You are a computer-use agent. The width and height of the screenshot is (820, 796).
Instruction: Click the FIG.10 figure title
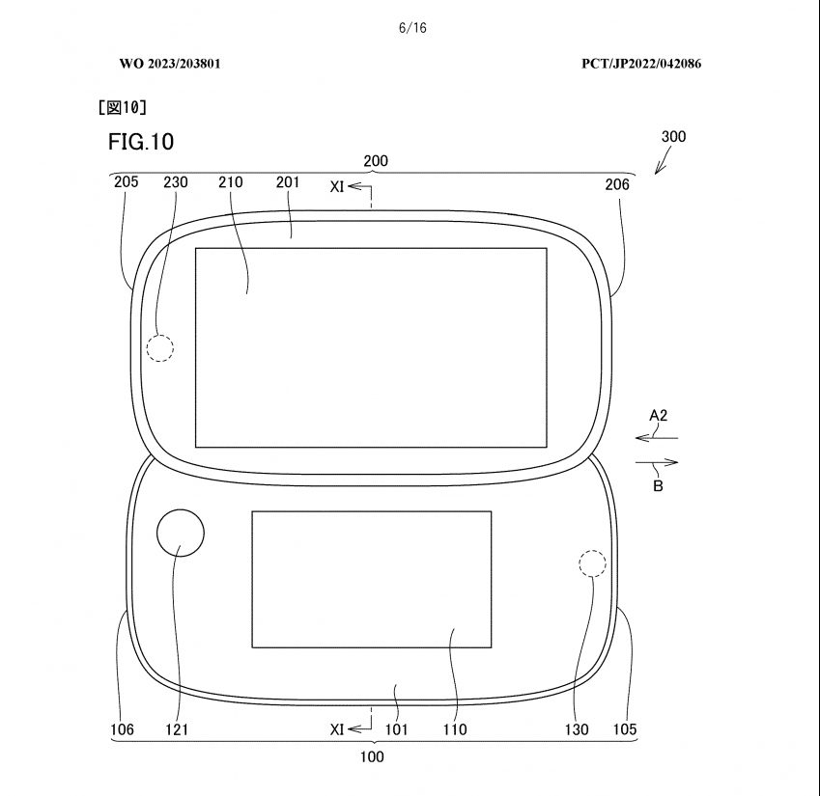(141, 142)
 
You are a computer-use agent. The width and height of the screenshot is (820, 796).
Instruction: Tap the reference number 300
(673, 136)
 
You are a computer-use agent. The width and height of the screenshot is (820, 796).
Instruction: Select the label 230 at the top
(175, 182)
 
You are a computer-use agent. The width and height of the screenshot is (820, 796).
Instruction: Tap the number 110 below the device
(455, 729)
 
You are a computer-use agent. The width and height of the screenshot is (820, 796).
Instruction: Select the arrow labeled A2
(657, 438)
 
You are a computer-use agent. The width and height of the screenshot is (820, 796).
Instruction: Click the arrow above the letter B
(657, 462)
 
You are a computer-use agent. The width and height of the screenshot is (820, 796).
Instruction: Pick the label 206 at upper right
(617, 184)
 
